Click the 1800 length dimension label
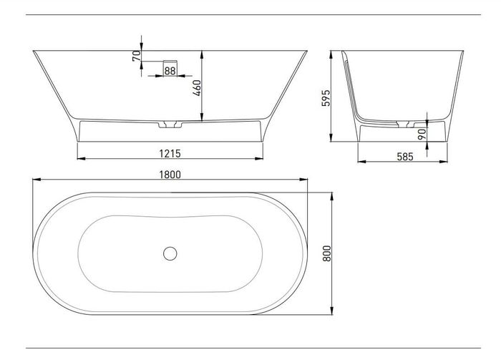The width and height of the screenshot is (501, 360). pos(170,175)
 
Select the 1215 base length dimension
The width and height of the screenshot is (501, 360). pos(170,154)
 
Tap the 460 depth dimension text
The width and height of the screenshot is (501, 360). pos(197,88)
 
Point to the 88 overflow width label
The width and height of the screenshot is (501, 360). pos(170,71)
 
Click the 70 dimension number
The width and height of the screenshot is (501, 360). pos(137,56)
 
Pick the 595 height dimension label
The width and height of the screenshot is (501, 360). pos(326,98)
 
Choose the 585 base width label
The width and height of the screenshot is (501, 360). pos(405,157)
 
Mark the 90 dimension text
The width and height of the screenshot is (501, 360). pos(422,134)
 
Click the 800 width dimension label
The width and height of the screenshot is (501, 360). pos(327,253)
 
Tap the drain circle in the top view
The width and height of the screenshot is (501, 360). pos(170,253)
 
